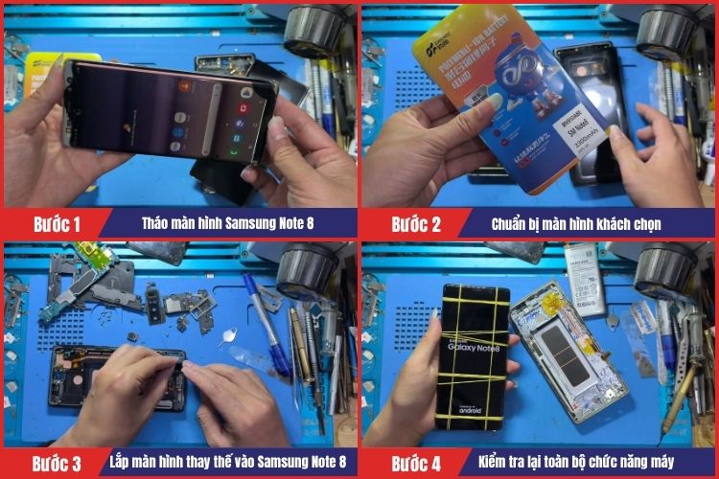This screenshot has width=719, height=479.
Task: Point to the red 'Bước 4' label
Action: coord(415,465)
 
